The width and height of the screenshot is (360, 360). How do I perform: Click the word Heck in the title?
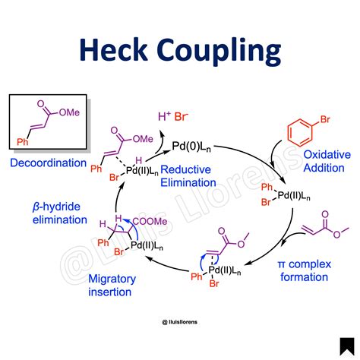point(113,49)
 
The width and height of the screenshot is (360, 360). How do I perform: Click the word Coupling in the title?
point(220,52)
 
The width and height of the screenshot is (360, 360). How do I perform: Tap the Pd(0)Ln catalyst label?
point(191,147)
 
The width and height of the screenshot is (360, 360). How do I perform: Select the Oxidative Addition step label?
point(327,161)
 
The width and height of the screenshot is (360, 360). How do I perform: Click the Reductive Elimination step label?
point(188,176)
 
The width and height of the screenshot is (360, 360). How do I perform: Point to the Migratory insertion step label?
point(112,286)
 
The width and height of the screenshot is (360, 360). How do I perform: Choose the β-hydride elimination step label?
point(60,213)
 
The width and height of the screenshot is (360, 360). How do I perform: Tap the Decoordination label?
point(48,163)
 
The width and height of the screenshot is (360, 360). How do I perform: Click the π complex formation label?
point(305,270)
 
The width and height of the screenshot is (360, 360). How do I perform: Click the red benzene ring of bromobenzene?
point(300,133)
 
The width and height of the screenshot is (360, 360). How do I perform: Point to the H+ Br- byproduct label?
point(173,117)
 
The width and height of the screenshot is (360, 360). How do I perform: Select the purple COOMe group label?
point(150,222)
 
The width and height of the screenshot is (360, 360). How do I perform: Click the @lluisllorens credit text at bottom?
point(179,322)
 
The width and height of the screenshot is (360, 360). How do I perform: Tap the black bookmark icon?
point(347,346)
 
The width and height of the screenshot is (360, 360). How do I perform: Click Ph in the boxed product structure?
point(23,142)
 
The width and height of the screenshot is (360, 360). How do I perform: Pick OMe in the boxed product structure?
point(69,112)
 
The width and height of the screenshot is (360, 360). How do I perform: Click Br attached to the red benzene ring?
point(325,119)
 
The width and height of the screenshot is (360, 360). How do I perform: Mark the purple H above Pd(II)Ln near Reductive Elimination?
point(138,160)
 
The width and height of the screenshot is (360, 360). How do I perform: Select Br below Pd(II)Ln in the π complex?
point(214,283)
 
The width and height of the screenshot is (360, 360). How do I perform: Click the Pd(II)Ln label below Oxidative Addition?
point(294,196)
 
